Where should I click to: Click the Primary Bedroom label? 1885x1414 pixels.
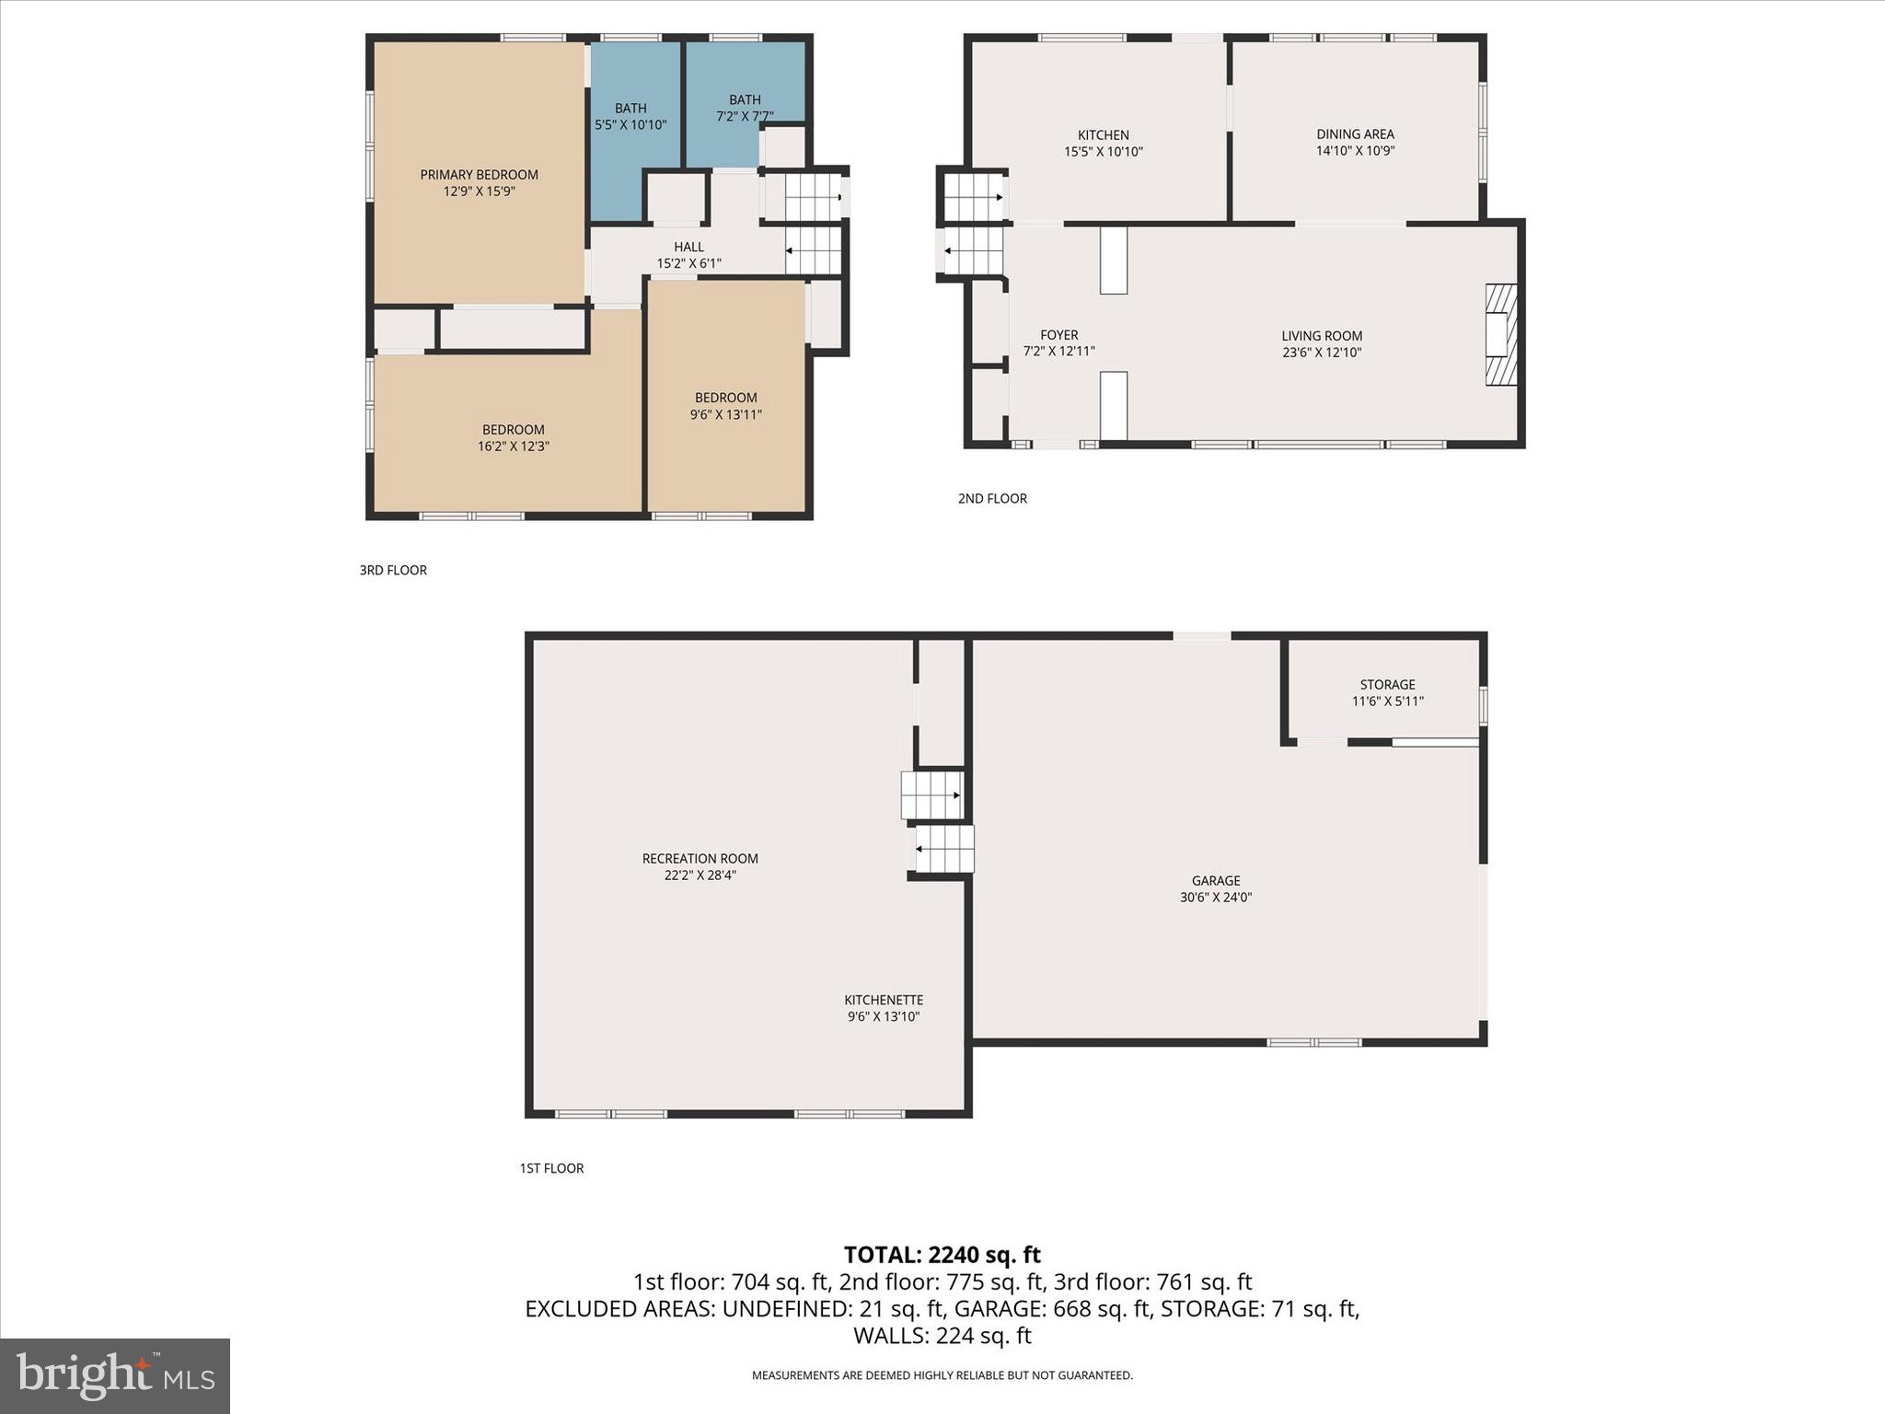point(479,175)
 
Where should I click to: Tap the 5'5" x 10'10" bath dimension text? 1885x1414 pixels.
point(630,125)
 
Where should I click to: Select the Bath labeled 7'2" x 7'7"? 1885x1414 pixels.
point(745,100)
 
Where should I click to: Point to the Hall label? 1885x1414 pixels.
point(688,247)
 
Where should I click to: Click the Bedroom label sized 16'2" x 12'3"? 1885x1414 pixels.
point(513,430)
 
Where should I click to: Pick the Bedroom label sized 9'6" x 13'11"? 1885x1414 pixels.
point(725,398)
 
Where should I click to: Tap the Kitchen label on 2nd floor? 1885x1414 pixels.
point(1103,135)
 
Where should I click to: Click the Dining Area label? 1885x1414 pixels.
point(1355,134)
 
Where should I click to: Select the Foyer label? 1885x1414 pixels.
point(1058,335)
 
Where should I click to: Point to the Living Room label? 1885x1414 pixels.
point(1321,336)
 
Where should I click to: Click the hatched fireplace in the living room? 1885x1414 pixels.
point(1500,334)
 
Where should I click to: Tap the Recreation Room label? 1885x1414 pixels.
point(700,859)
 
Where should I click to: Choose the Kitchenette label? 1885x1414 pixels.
point(884,1000)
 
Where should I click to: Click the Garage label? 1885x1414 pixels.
point(1215,881)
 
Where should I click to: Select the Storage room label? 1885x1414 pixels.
point(1387,685)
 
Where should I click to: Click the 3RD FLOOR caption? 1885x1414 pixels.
point(393,571)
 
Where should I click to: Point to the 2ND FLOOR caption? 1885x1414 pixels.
point(991,499)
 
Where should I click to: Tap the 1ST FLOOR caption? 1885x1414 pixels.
point(551,1168)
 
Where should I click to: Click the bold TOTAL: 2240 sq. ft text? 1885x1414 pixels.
point(942,1255)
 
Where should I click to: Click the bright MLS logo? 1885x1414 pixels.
point(115,1375)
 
